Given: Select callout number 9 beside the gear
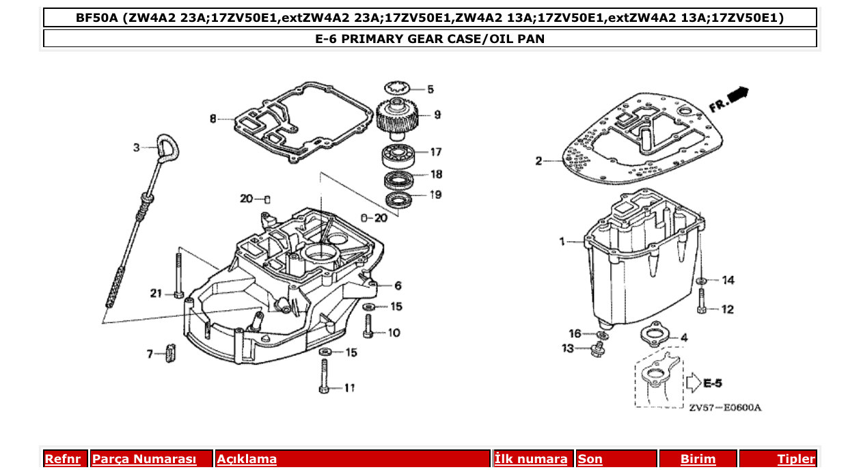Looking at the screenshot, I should click(437, 115).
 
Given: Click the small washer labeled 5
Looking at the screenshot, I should click(396, 87).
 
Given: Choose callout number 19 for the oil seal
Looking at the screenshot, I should click(435, 195).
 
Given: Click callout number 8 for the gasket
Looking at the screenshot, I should click(213, 119).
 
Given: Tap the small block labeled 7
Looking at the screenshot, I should click(171, 354).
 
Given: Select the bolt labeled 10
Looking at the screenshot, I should click(368, 323).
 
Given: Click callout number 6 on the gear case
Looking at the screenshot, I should click(397, 285).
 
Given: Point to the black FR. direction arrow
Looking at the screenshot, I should click(737, 94).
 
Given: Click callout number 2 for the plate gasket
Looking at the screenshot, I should click(538, 161).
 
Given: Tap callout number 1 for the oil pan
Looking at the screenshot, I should click(562, 241).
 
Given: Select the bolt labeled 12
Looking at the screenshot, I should click(702, 301).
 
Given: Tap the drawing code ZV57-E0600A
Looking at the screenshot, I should click(724, 408).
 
